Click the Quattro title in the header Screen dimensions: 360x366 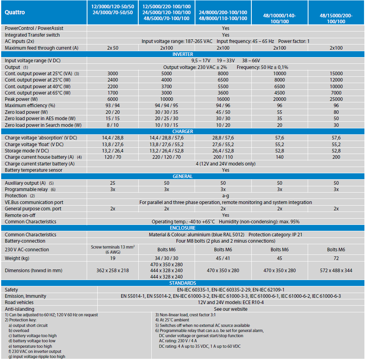coord(15,12)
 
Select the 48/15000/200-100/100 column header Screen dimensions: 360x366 coord(336,19)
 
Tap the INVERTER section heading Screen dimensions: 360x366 coord(182,54)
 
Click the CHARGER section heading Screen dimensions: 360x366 coord(182,131)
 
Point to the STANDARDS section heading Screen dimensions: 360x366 coord(182,283)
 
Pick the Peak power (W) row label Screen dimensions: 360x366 coord(21,99)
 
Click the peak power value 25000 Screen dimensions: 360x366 coord(336,99)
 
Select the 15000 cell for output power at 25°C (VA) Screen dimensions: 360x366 coord(336,74)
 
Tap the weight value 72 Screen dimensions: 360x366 coord(336,258)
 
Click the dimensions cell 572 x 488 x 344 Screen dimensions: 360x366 coord(336,271)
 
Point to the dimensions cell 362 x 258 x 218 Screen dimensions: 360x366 coord(113,271)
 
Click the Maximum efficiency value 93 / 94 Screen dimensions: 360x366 coord(113,106)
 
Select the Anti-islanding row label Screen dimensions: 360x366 coord(19,309)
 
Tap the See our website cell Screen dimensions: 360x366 coord(231,309)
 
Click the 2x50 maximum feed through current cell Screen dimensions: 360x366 coord(113,48)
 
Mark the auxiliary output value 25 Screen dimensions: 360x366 coord(113,183)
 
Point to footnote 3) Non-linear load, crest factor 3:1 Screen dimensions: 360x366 coord(185,315)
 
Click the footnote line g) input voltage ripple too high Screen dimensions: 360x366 coord(37,356)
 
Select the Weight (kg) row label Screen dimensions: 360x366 coord(17,258)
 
